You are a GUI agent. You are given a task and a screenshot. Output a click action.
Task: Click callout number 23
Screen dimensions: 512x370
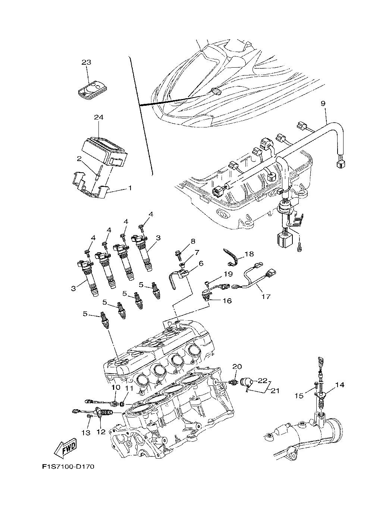tap(87, 62)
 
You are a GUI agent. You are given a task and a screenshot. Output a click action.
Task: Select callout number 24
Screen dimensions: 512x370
tap(98, 117)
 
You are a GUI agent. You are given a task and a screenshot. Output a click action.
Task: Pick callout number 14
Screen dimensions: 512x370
tap(339, 385)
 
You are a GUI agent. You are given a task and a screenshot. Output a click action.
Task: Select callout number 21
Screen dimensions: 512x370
tap(275, 391)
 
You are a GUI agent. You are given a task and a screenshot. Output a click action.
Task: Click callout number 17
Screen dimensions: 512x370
tap(266, 297)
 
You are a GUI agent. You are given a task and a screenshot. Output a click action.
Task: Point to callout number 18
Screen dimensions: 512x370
tap(249, 254)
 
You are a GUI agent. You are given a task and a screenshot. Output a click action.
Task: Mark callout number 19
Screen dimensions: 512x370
tap(228, 274)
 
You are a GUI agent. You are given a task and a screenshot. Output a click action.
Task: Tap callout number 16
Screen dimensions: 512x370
tap(227, 300)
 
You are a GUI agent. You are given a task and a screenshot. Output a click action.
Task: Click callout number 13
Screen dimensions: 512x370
tap(86, 432)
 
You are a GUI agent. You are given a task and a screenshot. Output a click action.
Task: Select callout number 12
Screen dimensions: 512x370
tap(101, 432)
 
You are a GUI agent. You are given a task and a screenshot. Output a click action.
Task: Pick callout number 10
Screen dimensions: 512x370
tap(115, 388)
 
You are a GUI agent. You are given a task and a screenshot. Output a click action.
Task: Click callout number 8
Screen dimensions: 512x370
tap(193, 241)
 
